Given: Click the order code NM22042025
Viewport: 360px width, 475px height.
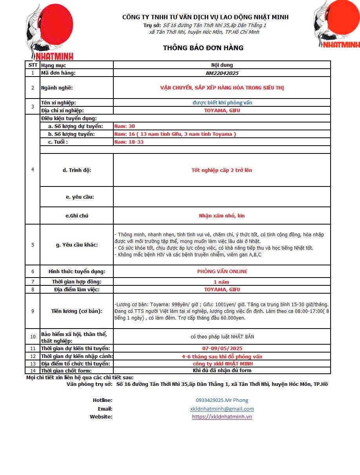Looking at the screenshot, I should (x=222, y=73).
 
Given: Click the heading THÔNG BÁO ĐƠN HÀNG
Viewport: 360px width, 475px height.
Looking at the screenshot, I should (x=203, y=48).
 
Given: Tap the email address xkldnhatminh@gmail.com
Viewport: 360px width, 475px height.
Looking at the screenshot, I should (x=222, y=409).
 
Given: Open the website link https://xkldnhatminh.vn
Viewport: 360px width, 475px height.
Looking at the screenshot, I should (x=222, y=417).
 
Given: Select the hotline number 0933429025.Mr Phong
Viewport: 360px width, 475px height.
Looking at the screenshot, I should (x=222, y=400).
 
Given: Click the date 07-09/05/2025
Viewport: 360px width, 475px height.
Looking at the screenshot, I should (x=222, y=348).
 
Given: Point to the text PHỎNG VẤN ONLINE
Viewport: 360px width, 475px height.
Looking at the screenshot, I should (x=222, y=271).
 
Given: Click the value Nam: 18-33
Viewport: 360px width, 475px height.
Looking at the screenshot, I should (x=129, y=142).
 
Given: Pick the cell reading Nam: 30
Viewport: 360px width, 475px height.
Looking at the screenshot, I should (x=125, y=126).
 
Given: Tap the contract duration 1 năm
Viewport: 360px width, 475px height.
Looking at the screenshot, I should (x=221, y=282).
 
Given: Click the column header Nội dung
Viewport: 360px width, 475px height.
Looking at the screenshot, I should (x=222, y=65).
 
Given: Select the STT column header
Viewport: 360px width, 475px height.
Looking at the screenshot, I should (x=33, y=65).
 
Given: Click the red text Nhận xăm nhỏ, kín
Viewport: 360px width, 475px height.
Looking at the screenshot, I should (x=222, y=216).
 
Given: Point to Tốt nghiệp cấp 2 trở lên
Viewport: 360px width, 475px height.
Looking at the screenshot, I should (x=222, y=170).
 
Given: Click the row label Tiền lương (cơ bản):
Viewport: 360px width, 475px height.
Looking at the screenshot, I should (x=77, y=311).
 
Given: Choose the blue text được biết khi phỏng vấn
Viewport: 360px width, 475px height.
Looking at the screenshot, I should (x=222, y=102).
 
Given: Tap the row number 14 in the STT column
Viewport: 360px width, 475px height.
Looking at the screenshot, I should (x=33, y=371).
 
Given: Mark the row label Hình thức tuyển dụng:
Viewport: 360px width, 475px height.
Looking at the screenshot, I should (x=77, y=271).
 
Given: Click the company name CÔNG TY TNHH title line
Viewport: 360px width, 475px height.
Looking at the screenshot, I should (x=205, y=17).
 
